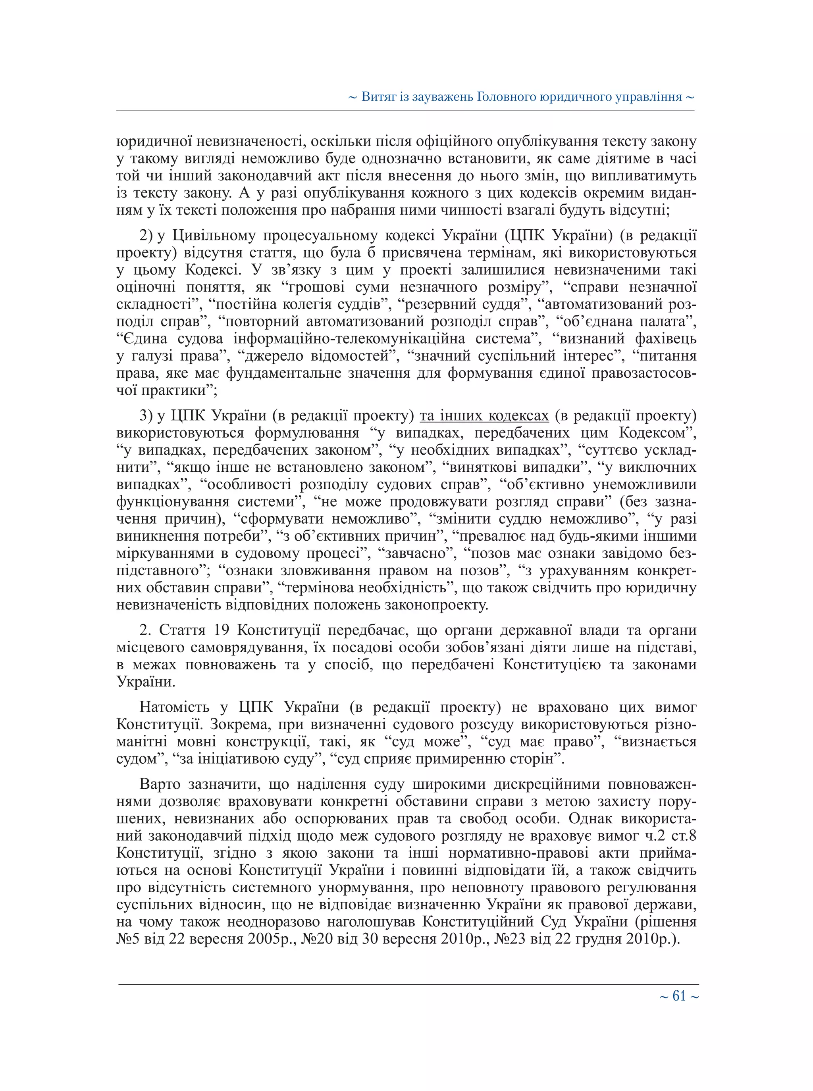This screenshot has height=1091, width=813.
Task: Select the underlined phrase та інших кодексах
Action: (484, 416)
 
